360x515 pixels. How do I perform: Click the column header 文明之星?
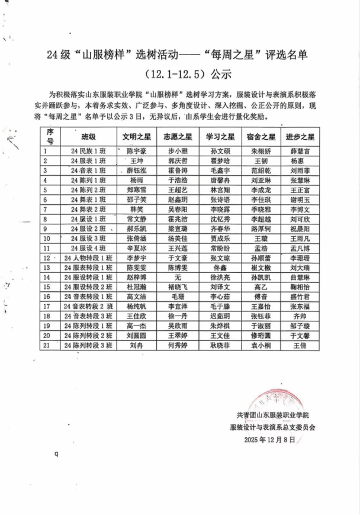coord(137,136)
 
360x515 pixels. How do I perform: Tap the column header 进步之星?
coord(300,136)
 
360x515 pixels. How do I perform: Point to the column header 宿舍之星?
coord(261,136)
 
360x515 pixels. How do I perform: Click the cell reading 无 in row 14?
coord(178,276)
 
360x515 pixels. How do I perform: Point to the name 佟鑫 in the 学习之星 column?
coord(220,267)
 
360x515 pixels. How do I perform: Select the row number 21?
coord(46,344)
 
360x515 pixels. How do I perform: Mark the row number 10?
coord(46,238)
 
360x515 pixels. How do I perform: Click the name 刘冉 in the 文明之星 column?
coord(137,344)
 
